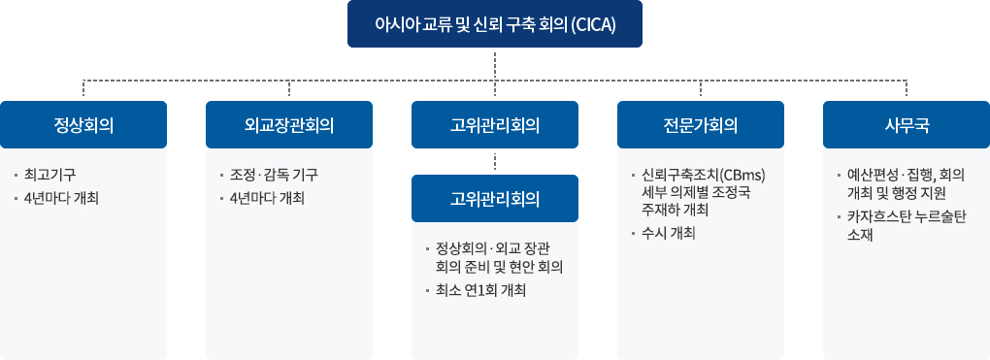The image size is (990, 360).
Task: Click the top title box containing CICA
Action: (x=495, y=23)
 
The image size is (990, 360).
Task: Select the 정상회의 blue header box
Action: (x=83, y=124)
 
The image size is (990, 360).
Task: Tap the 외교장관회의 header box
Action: (x=289, y=124)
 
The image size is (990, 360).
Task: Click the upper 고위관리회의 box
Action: (x=495, y=124)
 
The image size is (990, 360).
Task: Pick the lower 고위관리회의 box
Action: (x=495, y=199)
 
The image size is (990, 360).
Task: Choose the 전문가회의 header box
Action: (x=701, y=124)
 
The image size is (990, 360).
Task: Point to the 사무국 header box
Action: (x=907, y=124)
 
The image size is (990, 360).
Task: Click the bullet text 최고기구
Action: (x=50, y=176)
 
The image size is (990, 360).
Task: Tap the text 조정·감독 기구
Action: (x=274, y=176)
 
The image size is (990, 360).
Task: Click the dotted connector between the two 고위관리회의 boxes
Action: (x=495, y=161)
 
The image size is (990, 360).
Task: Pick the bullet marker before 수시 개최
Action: (x=633, y=234)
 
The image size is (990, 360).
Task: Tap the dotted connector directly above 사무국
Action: (x=907, y=89)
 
